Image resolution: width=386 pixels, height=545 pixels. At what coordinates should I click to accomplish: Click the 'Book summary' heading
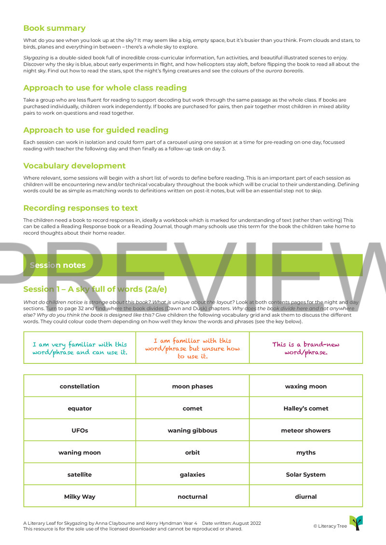pos(54,28)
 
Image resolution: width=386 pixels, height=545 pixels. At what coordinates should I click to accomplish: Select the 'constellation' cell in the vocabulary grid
pos(80,386)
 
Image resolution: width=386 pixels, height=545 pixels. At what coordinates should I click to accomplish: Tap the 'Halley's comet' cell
pos(306,408)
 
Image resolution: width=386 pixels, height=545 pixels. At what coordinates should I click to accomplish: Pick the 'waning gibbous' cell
pos(193,430)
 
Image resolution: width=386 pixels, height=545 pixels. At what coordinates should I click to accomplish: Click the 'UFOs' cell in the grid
pos(80,430)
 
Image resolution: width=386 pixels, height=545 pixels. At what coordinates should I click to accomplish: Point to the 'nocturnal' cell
pos(193,496)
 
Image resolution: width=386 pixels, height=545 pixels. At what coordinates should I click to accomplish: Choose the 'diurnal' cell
pos(306,496)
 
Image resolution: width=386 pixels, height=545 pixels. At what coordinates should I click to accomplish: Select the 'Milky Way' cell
pos(80,496)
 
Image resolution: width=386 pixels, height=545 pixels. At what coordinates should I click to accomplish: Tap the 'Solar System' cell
pos(306,475)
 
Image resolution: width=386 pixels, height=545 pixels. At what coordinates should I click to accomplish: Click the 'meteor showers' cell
pos(306,430)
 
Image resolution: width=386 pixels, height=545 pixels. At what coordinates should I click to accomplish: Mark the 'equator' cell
pos(80,408)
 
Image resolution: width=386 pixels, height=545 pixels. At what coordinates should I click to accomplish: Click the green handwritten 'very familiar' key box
pos(80,348)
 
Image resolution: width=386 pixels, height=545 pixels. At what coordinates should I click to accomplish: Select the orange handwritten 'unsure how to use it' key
pos(193,348)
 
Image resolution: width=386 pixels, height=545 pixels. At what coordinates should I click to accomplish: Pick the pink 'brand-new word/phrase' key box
pos(306,348)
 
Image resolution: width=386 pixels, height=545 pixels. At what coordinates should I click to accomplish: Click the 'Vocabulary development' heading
pos(74,166)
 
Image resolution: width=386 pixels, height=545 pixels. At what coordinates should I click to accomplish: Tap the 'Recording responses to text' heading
pos(81,208)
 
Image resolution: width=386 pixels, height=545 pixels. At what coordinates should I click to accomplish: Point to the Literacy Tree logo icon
pos(356,523)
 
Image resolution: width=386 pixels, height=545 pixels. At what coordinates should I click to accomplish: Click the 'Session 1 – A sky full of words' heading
pos(95,289)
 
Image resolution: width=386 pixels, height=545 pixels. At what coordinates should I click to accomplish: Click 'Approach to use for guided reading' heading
pos(96,130)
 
